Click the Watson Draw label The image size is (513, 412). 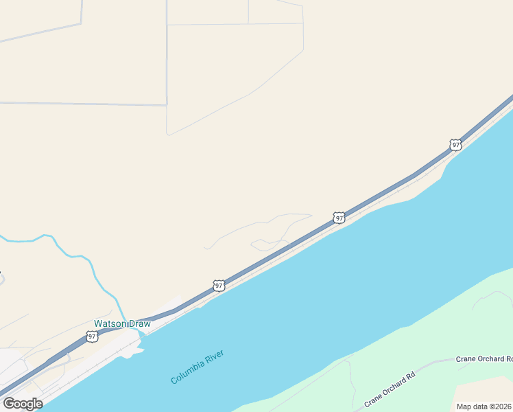[122, 323]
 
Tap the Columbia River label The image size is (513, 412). [198, 367]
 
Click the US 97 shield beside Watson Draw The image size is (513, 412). [92, 336]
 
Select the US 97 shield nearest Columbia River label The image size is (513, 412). [219, 285]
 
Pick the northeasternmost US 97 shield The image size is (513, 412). [455, 145]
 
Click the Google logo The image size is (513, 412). [23, 404]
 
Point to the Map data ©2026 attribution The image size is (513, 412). [484, 407]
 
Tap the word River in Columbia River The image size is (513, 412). [213, 358]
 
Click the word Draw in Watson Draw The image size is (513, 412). [139, 323]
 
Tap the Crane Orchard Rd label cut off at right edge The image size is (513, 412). [484, 359]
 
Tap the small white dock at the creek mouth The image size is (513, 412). [134, 350]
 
